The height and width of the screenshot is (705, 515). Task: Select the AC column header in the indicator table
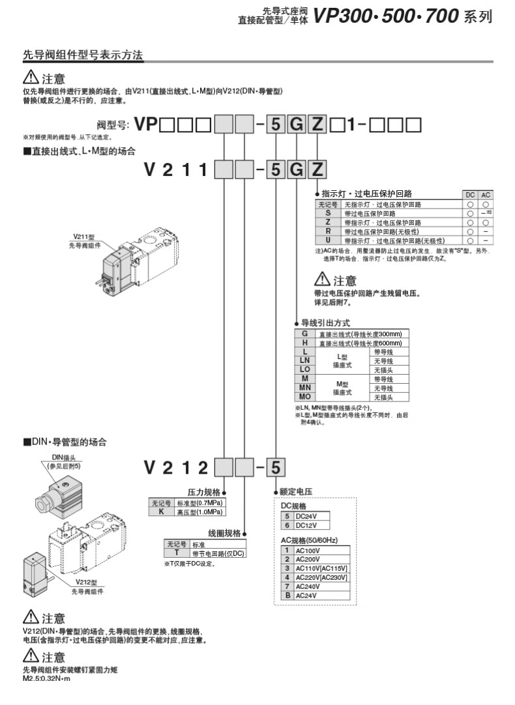click(485, 195)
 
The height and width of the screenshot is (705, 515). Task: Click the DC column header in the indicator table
click(469, 195)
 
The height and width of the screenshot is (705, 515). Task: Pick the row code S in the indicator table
click(328, 213)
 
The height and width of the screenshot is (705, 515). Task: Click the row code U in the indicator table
click(328, 240)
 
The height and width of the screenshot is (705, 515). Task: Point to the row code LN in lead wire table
click(304, 360)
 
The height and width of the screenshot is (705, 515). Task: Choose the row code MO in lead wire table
click(304, 396)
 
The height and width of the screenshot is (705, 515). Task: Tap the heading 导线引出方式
click(325, 323)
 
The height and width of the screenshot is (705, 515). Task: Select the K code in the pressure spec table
click(160, 512)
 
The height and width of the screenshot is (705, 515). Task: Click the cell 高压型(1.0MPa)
click(199, 512)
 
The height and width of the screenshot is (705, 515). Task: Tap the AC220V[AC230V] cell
click(321, 577)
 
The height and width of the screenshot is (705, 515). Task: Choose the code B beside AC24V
click(287, 595)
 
